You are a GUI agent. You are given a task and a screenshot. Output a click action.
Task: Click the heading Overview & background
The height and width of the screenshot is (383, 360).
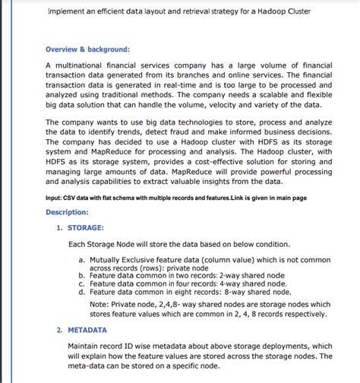click(87, 49)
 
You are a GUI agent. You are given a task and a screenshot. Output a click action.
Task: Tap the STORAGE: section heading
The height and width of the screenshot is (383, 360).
click(86, 227)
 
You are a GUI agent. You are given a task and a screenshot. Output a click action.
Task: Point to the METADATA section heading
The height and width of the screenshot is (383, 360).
click(87, 331)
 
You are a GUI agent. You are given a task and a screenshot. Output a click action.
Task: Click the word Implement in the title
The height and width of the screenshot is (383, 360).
click(68, 12)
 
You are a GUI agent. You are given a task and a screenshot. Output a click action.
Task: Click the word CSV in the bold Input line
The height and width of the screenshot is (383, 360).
click(73, 198)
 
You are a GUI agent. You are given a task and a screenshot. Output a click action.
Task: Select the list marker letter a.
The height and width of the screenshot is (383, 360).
click(81, 260)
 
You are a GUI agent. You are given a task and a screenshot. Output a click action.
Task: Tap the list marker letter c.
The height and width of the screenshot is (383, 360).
click(81, 283)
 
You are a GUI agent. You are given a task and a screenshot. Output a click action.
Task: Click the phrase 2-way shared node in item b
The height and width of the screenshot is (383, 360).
click(252, 276)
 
